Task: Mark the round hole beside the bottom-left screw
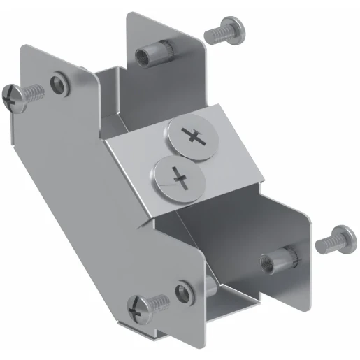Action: [184, 291]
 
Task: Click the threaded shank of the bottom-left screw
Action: [158, 303]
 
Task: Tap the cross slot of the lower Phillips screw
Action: [179, 179]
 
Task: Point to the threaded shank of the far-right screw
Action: [323, 244]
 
